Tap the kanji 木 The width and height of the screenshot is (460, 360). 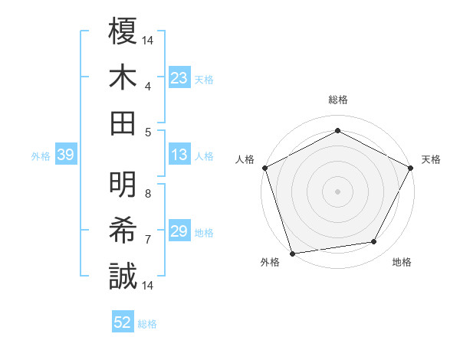tap(123, 77)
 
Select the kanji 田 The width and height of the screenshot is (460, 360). tap(123, 123)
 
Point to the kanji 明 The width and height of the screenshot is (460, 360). tap(123, 184)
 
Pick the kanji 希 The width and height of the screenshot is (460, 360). tap(123, 230)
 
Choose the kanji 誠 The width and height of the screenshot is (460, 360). tap(123, 276)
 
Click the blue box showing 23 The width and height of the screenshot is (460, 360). tap(179, 78)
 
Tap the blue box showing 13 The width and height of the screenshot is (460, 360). tap(179, 155)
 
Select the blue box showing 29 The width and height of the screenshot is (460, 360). tap(179, 231)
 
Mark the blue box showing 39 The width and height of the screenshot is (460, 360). tap(65, 155)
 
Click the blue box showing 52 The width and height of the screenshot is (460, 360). tap(123, 323)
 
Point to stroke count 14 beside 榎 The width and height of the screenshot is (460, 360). tap(149, 39)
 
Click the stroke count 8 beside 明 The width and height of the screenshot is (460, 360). tap(148, 194)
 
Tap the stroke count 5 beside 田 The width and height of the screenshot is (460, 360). tap(148, 132)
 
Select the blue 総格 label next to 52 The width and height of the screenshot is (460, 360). tap(147, 324)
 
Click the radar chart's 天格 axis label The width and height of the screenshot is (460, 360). tap(431, 159)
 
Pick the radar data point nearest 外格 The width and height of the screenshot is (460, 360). tap(292, 253)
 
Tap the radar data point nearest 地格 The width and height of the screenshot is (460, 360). tap(374, 242)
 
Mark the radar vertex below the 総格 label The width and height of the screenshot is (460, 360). tap(337, 130)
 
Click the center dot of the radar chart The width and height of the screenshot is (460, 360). tap(337, 191)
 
